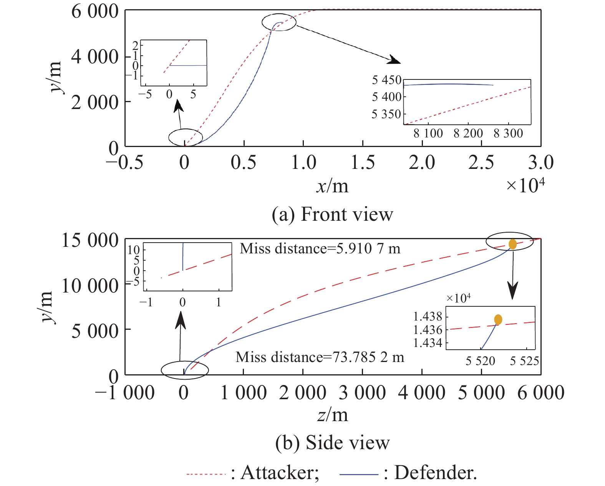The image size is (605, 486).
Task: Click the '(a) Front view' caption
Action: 332,214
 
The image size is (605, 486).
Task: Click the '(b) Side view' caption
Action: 332,443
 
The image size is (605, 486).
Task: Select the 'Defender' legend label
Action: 435,473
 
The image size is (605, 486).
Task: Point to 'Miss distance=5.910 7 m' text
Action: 320,249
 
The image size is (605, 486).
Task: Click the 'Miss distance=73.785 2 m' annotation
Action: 320,357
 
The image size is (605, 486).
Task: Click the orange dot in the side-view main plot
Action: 512,244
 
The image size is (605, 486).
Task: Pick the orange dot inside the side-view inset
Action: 498,319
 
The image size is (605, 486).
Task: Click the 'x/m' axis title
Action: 332,186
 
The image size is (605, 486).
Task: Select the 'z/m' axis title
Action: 333,415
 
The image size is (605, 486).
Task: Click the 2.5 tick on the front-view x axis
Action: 481,162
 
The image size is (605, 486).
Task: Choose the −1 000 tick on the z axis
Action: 124,393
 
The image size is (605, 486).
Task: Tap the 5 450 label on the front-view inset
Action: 386,80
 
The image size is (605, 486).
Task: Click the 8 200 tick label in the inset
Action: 468,134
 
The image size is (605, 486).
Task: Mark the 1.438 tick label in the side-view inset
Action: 428,317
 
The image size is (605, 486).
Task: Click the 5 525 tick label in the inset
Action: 524,361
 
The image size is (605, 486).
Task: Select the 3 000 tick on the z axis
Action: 362,393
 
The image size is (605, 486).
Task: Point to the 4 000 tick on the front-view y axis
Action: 95,57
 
